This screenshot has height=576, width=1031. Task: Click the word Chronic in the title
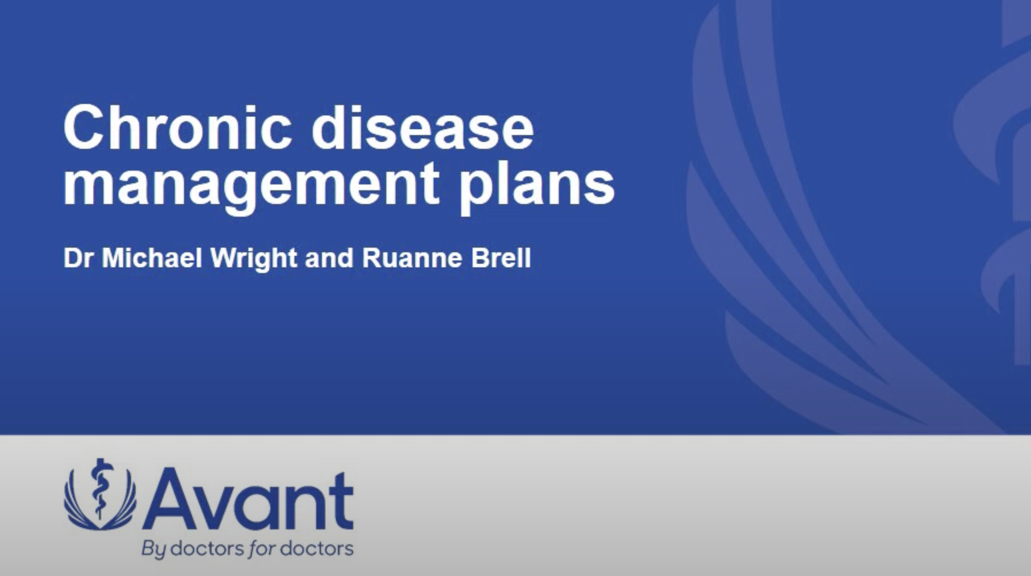coord(178,127)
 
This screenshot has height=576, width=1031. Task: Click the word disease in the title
coord(422,127)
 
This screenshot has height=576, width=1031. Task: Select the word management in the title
coord(251,187)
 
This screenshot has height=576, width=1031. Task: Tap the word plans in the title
coord(537,187)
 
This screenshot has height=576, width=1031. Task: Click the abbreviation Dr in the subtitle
coord(78,258)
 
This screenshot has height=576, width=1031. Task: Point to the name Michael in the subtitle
coord(152,258)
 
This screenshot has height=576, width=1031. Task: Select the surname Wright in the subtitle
coord(254,259)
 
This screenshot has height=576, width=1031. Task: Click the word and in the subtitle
coord(329,258)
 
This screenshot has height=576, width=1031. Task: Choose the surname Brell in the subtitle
coord(501,258)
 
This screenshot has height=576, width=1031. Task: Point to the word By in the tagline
coord(154,549)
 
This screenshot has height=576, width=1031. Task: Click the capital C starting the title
coord(83,127)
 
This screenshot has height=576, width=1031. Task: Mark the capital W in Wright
coord(224,258)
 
